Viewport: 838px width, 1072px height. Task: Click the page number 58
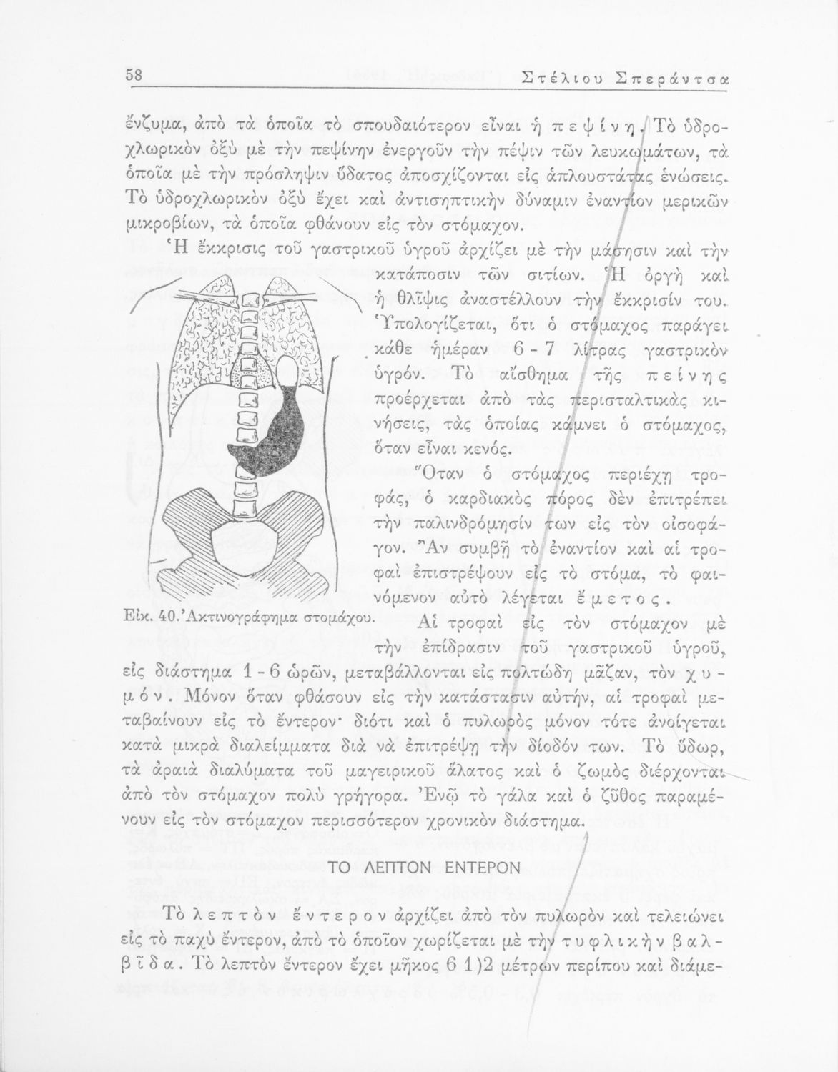tap(135, 74)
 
